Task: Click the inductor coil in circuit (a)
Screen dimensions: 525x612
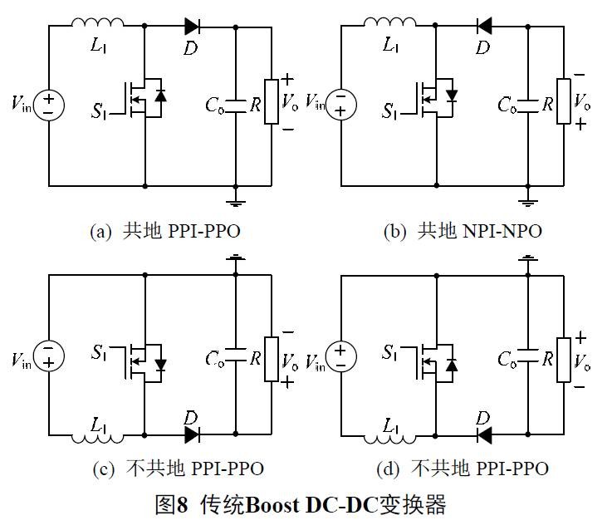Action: [98, 22]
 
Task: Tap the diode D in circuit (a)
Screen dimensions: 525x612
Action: [193, 26]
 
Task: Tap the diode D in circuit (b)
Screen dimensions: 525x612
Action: [484, 26]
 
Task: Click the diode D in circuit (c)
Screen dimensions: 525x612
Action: [193, 433]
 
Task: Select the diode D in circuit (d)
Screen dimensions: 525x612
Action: [484, 433]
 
